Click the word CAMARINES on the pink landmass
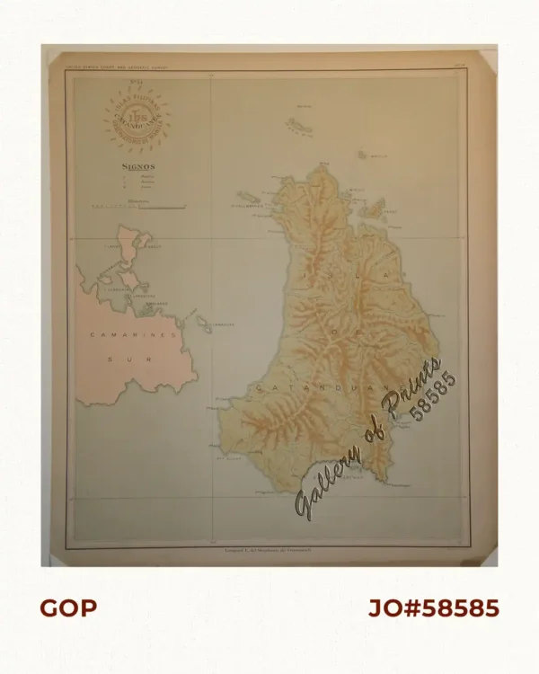pos(121,334)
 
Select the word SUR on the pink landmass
pos(121,357)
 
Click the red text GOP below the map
pos(67,608)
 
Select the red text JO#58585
pos(434,608)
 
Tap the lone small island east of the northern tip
pos(362,155)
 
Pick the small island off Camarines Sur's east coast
pos(203,323)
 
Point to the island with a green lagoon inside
pos(371,211)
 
